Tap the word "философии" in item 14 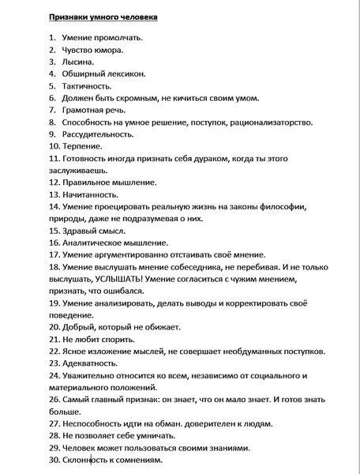(x=291, y=206)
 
